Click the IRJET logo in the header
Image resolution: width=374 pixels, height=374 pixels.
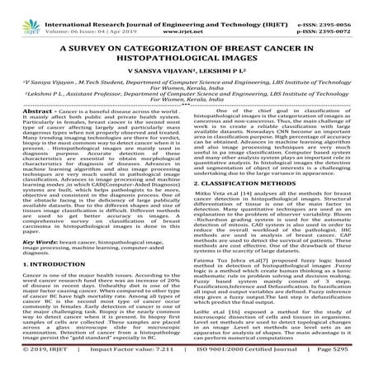pos(17,12)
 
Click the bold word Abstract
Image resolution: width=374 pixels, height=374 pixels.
pos(20,133)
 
